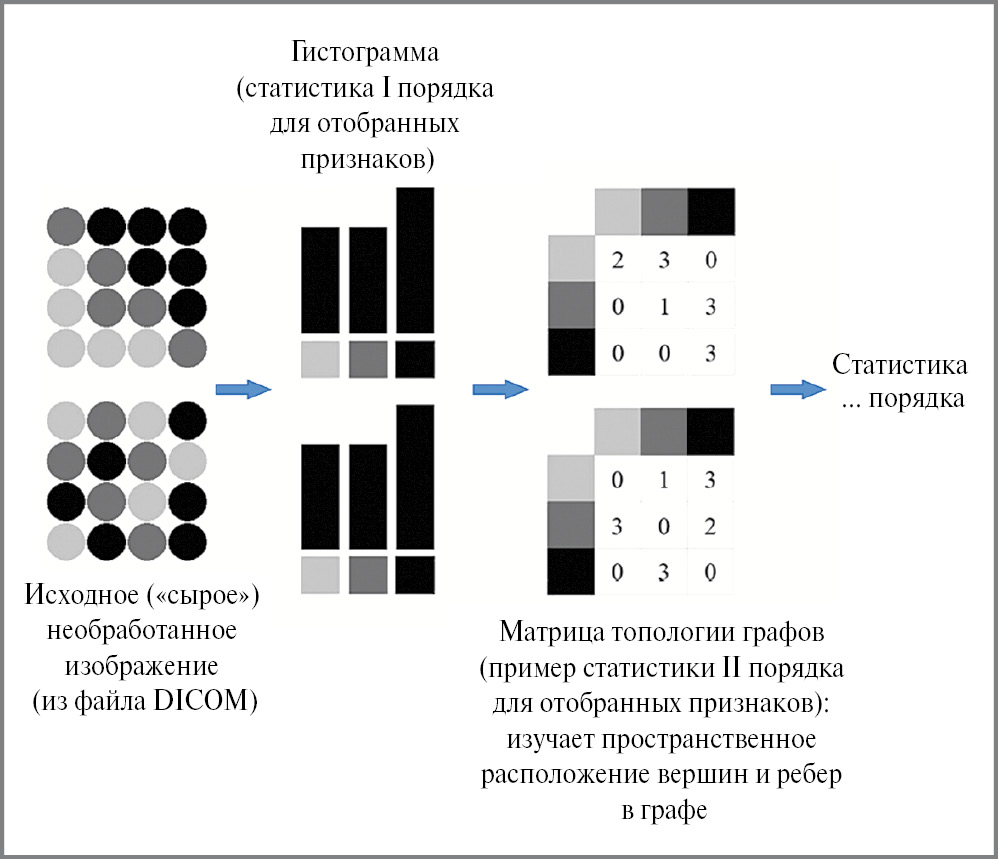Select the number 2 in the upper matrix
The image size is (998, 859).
617,260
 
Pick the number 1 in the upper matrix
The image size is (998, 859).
664,306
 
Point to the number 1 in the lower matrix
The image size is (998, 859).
664,480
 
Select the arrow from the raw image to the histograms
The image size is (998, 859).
244,389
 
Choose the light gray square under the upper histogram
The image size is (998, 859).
320,360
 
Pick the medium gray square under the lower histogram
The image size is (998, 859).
368,576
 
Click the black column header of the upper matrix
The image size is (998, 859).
710,211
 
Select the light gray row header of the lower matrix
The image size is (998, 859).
571,478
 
